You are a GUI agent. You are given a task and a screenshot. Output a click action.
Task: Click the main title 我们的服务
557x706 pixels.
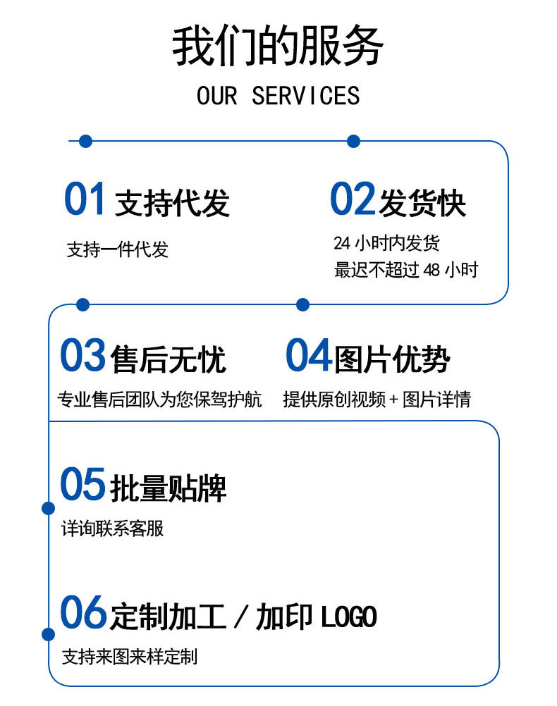point(278,47)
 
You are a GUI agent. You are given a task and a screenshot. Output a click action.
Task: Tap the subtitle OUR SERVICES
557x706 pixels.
point(278,96)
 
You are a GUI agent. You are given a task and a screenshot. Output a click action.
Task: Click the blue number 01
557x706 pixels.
point(85,199)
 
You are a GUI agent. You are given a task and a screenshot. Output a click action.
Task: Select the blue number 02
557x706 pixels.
point(353,199)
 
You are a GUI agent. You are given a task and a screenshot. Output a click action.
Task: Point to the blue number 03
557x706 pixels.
point(82,356)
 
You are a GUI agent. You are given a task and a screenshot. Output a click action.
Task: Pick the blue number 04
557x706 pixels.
point(308,356)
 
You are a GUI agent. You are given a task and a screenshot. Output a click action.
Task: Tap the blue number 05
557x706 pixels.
point(82,485)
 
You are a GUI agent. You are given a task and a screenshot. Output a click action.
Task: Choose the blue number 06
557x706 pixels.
point(82,613)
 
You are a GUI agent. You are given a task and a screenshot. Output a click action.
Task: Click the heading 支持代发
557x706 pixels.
point(172,203)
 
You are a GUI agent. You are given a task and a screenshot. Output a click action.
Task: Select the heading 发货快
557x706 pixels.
point(422,203)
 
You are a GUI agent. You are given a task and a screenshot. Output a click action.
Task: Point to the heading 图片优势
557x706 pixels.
point(392,359)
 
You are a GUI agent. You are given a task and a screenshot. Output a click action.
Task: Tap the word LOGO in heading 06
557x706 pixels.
point(349,617)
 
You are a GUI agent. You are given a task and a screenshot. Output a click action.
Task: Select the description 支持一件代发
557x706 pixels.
point(118,249)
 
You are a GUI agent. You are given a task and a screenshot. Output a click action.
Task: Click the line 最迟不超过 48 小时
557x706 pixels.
point(406,270)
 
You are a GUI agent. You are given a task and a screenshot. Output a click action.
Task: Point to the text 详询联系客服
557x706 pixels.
point(113,528)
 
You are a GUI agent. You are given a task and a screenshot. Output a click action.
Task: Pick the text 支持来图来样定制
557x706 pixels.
point(130,657)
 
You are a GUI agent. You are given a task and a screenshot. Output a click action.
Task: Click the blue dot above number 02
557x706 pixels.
point(354,142)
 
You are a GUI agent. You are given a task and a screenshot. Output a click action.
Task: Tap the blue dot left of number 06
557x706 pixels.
point(48,634)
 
